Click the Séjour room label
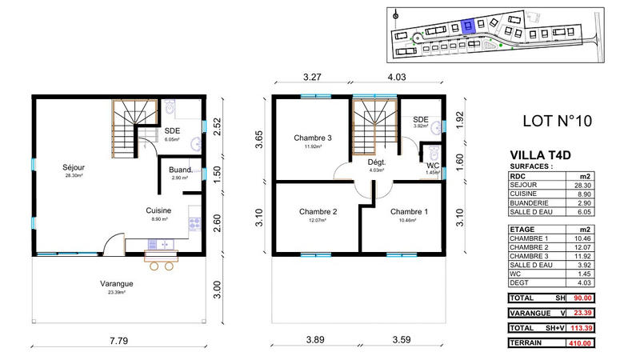[74, 167]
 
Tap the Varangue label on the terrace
[116, 283]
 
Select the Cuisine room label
[158, 210]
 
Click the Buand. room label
[180, 170]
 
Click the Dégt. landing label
[377, 162]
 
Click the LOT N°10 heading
[556, 122]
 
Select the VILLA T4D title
[540, 157]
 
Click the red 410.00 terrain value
[600, 343]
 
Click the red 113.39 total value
[600, 328]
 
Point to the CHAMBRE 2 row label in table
[531, 247]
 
